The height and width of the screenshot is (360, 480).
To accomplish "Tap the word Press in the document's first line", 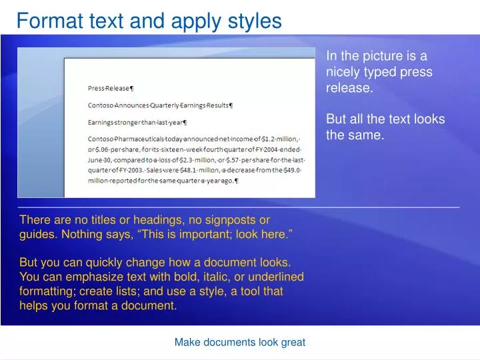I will (x=97, y=88).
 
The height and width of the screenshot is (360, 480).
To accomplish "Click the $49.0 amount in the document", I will (x=291, y=170).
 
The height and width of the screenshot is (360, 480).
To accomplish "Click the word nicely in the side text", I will (x=341, y=72).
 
